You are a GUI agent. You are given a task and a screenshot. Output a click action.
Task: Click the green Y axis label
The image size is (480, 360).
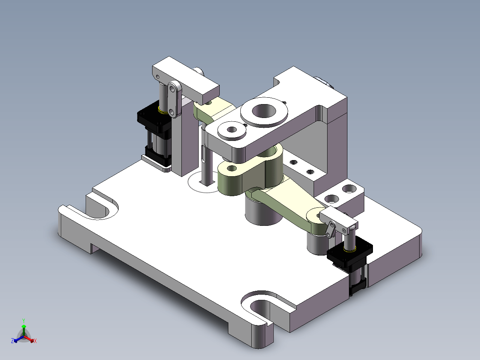24,321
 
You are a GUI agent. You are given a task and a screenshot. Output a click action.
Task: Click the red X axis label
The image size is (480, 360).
35,341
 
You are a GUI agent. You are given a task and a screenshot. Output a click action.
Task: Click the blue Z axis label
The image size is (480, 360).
12,340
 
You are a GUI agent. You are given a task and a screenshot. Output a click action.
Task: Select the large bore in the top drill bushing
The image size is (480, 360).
264,110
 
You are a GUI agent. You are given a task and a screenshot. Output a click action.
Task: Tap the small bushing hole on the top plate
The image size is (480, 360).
232,130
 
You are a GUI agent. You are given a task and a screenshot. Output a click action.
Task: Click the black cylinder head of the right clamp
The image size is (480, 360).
350,251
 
